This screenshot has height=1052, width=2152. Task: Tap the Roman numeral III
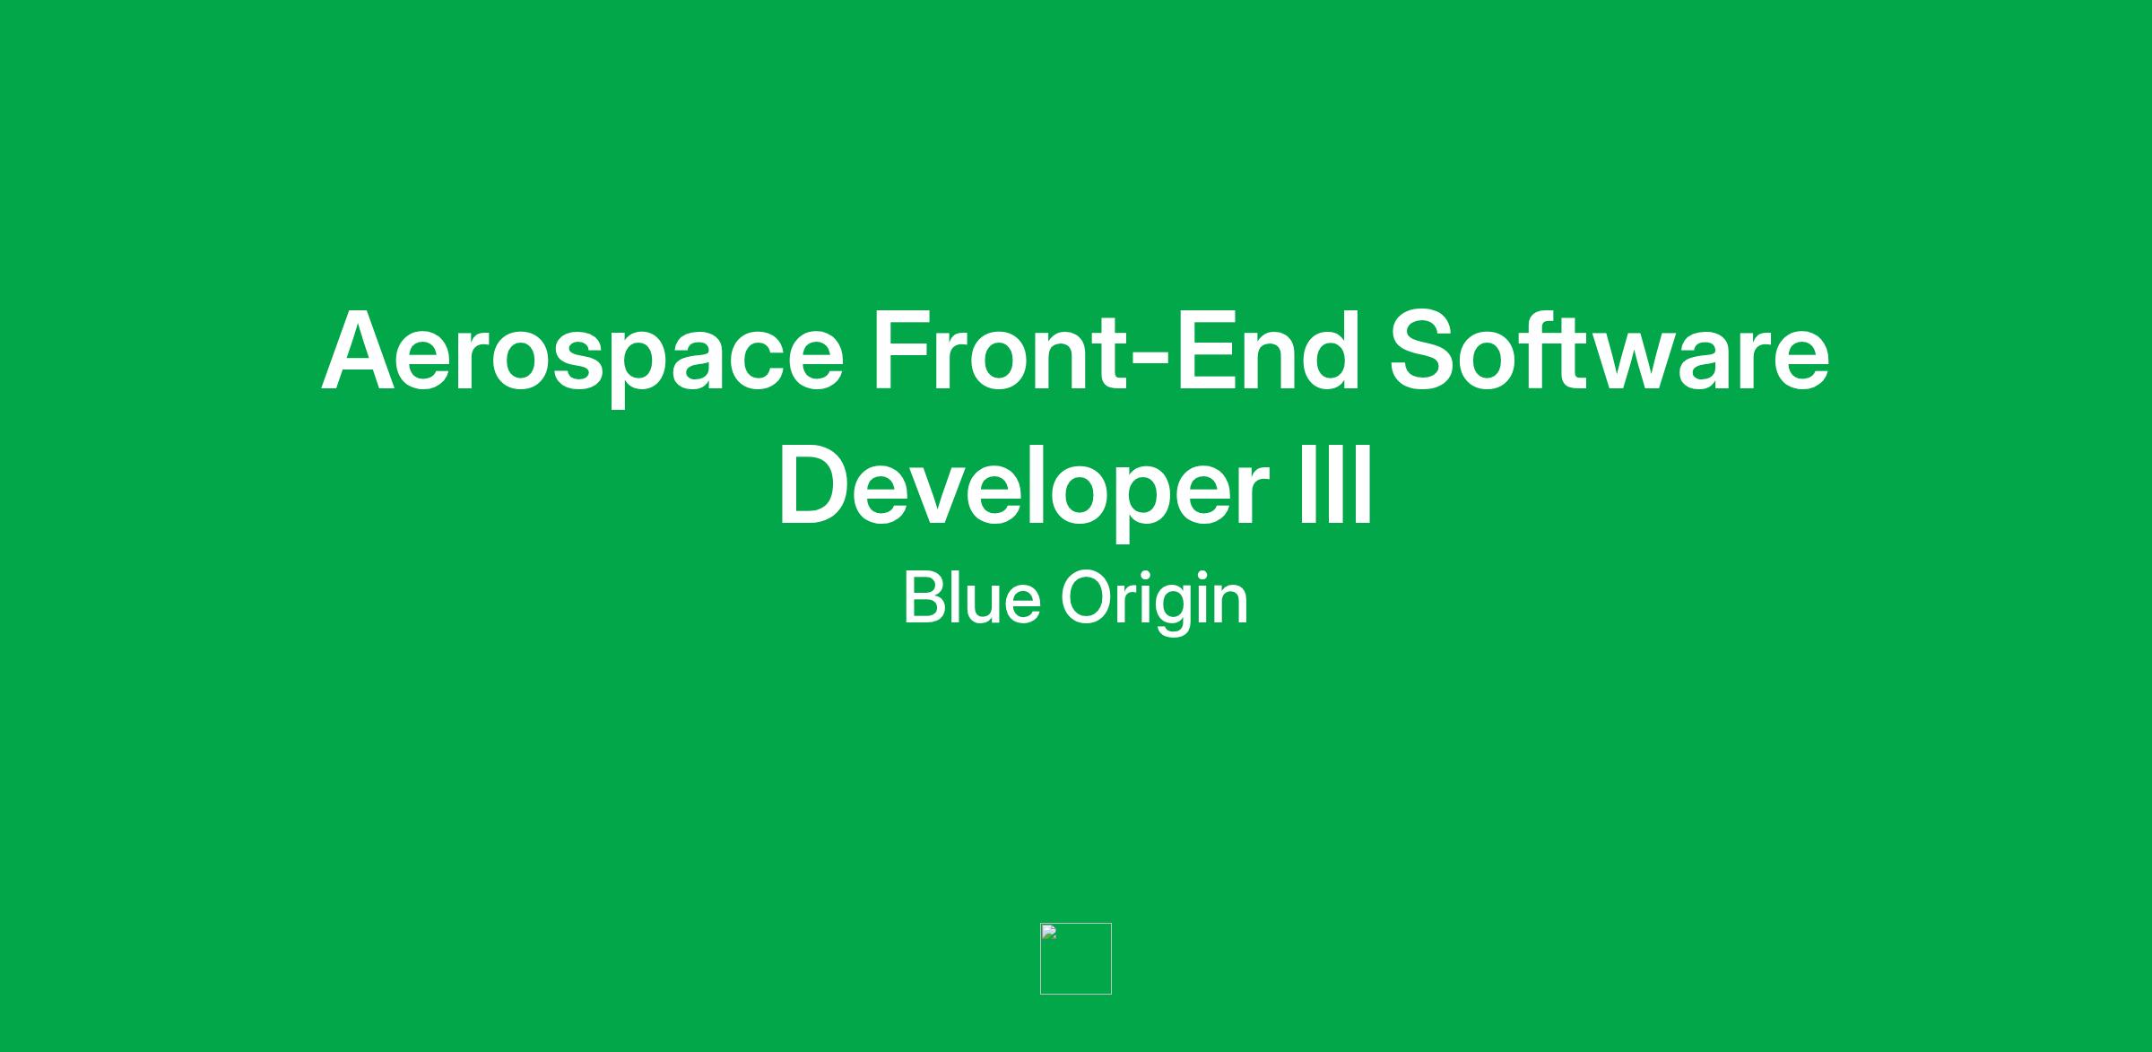coord(1335,484)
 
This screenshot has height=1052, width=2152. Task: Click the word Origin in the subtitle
coord(1155,602)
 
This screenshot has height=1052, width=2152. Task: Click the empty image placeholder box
coord(1076,959)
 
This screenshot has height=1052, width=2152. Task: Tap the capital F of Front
coord(904,351)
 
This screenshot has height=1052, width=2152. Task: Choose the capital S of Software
coord(1426,351)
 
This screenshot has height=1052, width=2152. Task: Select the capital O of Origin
coord(1088,597)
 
